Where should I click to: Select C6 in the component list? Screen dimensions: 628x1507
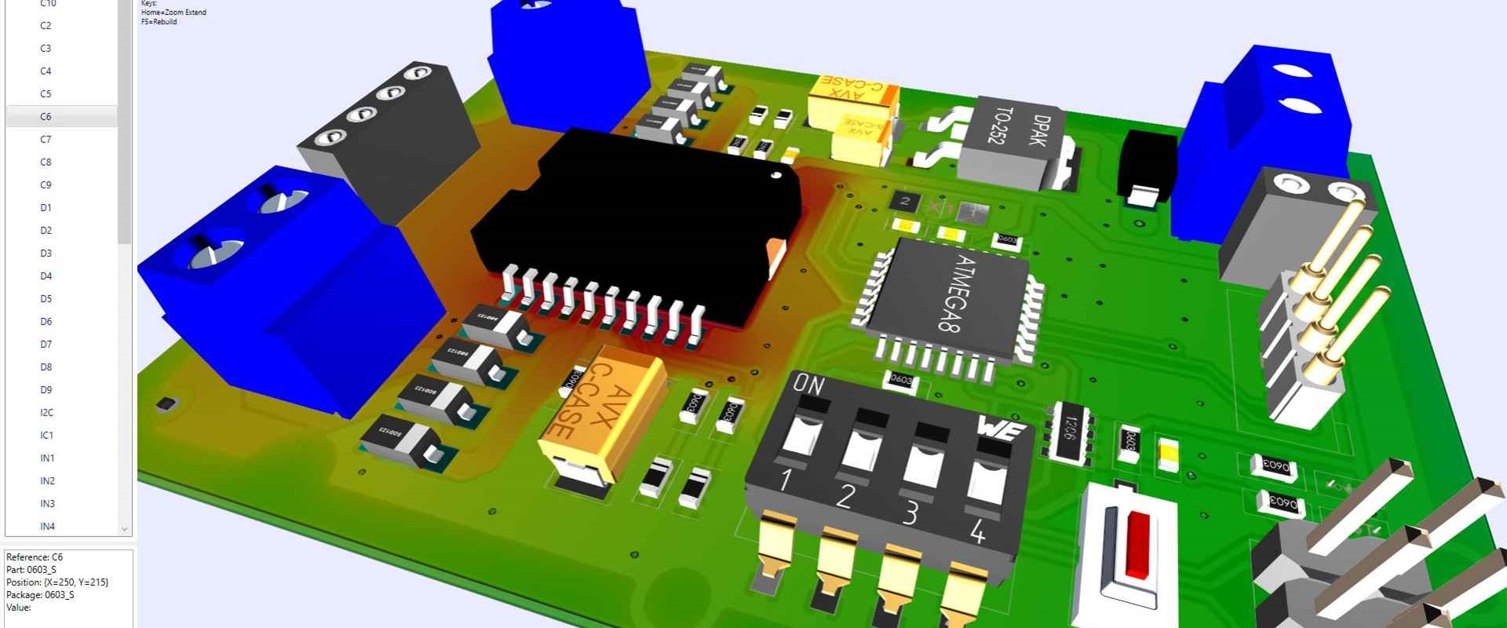pyautogui.click(x=46, y=116)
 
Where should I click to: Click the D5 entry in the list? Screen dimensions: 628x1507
pyautogui.click(x=46, y=298)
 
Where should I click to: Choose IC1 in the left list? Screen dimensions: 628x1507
pyautogui.click(x=46, y=435)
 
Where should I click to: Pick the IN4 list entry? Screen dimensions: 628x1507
pyautogui.click(x=47, y=526)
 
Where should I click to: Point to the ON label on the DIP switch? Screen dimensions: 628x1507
pyautogui.click(x=808, y=385)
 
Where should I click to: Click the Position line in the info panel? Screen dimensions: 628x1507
pyautogui.click(x=57, y=582)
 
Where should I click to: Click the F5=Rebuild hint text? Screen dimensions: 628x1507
pyautogui.click(x=159, y=22)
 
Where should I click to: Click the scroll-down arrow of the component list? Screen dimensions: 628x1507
pyautogui.click(x=124, y=529)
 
